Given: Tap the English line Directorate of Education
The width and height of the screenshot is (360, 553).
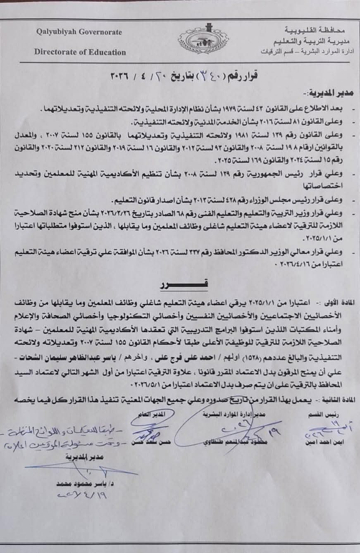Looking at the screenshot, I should pyautogui.click(x=80, y=52).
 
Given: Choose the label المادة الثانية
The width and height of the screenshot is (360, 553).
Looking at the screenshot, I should pyautogui.click(x=336, y=401).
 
